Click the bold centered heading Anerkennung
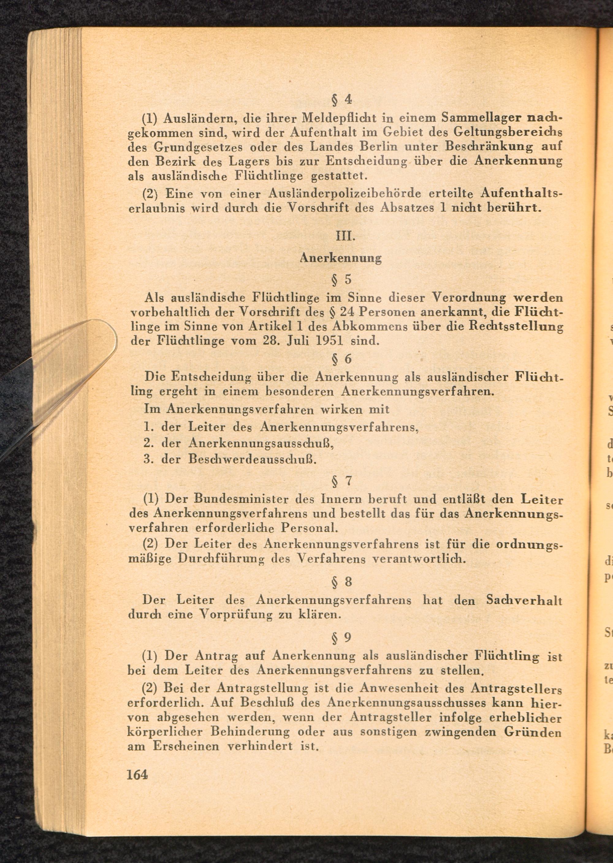pos(341,258)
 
